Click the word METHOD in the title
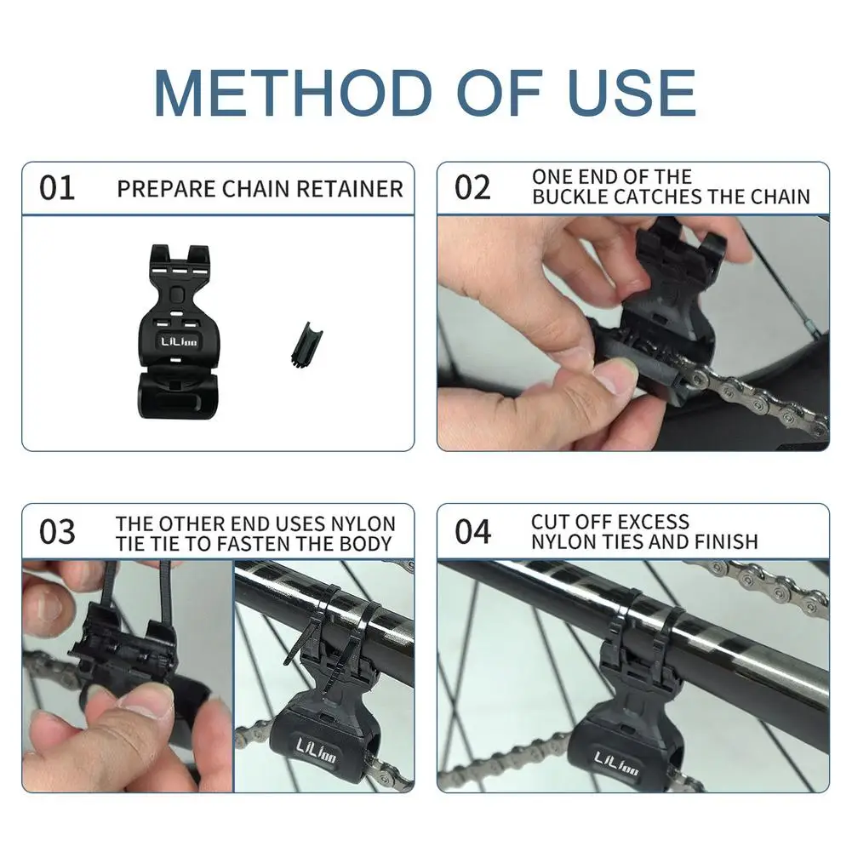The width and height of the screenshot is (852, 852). (293, 93)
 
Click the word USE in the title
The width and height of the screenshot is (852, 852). (631, 93)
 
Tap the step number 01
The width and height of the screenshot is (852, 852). (57, 188)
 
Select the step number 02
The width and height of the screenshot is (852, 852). (472, 188)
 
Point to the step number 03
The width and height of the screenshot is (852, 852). (57, 531)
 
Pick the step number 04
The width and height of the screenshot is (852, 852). (472, 531)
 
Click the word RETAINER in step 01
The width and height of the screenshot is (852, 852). (350, 189)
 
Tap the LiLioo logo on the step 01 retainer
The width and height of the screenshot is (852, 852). (179, 342)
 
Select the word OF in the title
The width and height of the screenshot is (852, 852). (500, 93)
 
